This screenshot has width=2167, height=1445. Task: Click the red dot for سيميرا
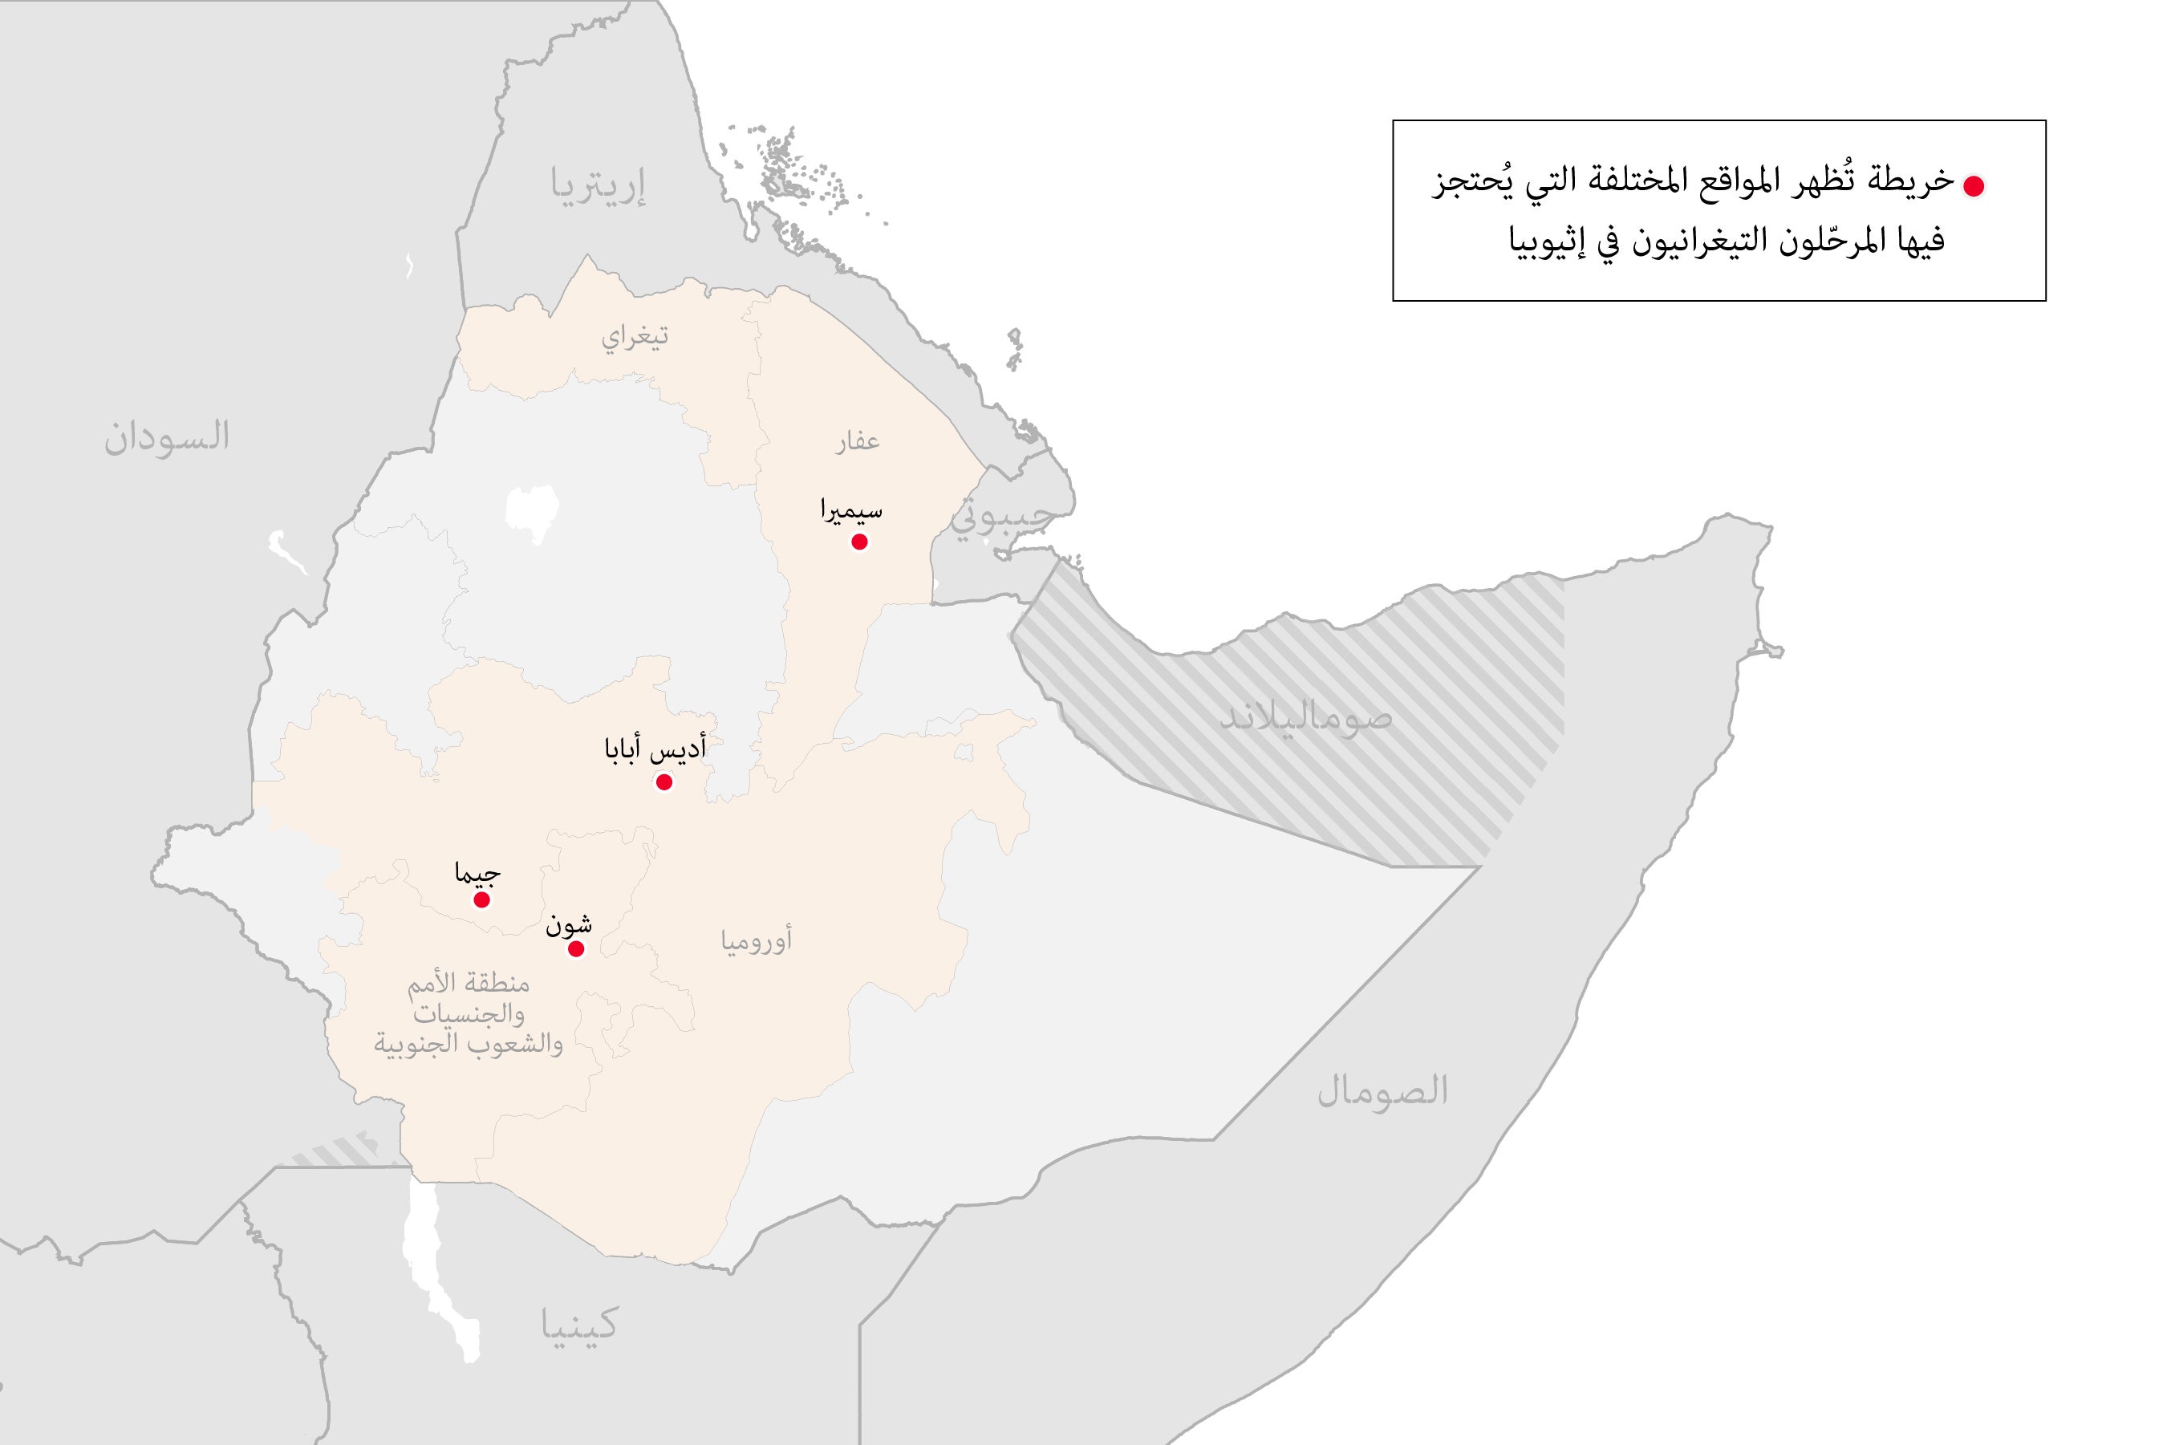tap(858, 542)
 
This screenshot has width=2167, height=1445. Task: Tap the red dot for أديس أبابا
tap(663, 782)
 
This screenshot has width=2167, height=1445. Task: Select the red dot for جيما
tap(481, 899)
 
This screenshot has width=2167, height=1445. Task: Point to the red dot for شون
tap(576, 949)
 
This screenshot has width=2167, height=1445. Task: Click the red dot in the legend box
tap(1973, 186)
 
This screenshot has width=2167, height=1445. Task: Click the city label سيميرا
tap(851, 509)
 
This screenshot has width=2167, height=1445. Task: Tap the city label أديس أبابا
tap(655, 749)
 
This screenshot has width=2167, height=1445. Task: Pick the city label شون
tap(569, 924)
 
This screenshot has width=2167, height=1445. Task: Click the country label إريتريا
tap(598, 185)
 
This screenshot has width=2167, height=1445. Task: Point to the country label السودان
tap(167, 436)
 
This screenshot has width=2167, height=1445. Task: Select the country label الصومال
tap(1382, 1091)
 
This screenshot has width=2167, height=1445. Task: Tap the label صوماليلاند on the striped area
tap(1305, 719)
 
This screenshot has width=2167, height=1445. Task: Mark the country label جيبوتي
tap(1000, 518)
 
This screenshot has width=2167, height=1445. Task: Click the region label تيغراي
tap(635, 337)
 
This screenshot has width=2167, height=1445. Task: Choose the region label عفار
tap(857, 442)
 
